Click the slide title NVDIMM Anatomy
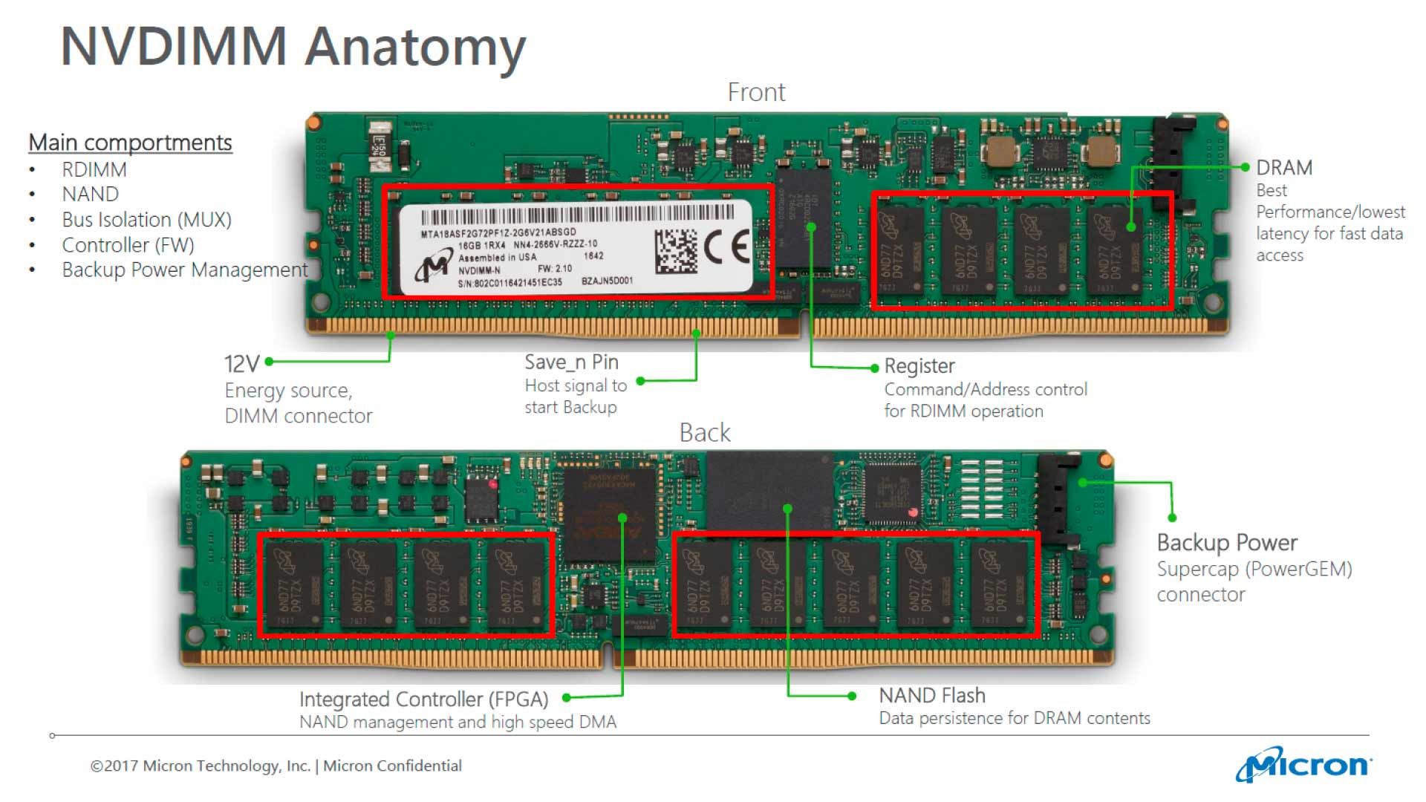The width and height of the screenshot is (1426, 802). click(x=293, y=47)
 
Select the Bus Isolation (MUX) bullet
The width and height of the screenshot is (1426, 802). click(x=146, y=220)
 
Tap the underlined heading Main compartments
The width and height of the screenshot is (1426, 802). click(x=130, y=143)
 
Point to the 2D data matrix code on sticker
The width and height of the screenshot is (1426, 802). click(x=676, y=251)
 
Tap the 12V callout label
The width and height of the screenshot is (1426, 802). click(x=241, y=364)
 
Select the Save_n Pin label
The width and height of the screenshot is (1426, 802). click(x=571, y=362)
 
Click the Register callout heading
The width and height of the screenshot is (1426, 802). click(x=919, y=366)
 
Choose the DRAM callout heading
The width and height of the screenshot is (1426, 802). click(x=1283, y=168)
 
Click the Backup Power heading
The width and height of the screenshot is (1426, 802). click(x=1226, y=543)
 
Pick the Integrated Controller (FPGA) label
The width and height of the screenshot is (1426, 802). click(x=423, y=700)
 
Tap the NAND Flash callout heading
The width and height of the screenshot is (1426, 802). click(x=931, y=696)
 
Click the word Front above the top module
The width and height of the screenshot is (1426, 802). click(x=755, y=93)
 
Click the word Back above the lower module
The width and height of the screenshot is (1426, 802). click(x=704, y=433)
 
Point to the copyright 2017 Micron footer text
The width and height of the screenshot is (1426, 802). click(x=276, y=766)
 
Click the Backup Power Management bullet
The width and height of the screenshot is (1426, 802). click(x=184, y=270)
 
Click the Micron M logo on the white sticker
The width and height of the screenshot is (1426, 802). click(x=433, y=267)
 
